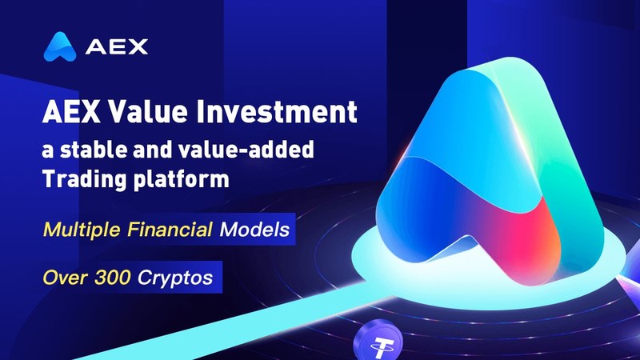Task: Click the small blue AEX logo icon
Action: pyautogui.click(x=59, y=46)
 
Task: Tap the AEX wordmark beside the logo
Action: pyautogui.click(x=117, y=47)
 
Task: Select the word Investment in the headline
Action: pyautogui.click(x=277, y=112)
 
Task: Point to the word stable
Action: pyautogui.click(x=94, y=150)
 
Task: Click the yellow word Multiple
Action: pyautogui.click(x=82, y=230)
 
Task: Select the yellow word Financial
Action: pyautogui.click(x=170, y=229)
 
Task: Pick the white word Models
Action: pyautogui.click(x=254, y=229)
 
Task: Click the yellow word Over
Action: pyautogui.click(x=65, y=278)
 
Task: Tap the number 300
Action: pyautogui.click(x=112, y=278)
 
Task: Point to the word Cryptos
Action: pyautogui.click(x=175, y=278)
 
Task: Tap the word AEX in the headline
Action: pyautogui.click(x=71, y=112)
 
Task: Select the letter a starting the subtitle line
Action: pyautogui.click(x=48, y=151)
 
